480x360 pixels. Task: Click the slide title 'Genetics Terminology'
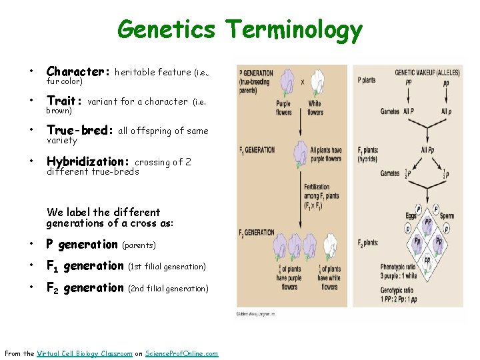pos(240,29)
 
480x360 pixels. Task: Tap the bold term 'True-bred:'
pos(80,131)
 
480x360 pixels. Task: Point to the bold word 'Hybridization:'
pos(87,161)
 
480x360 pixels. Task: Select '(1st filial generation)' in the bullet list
pos(166,267)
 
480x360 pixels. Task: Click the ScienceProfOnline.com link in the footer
pos(181,353)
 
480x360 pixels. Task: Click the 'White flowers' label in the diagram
pos(315,108)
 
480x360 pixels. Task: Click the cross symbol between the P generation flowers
pos(302,82)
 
